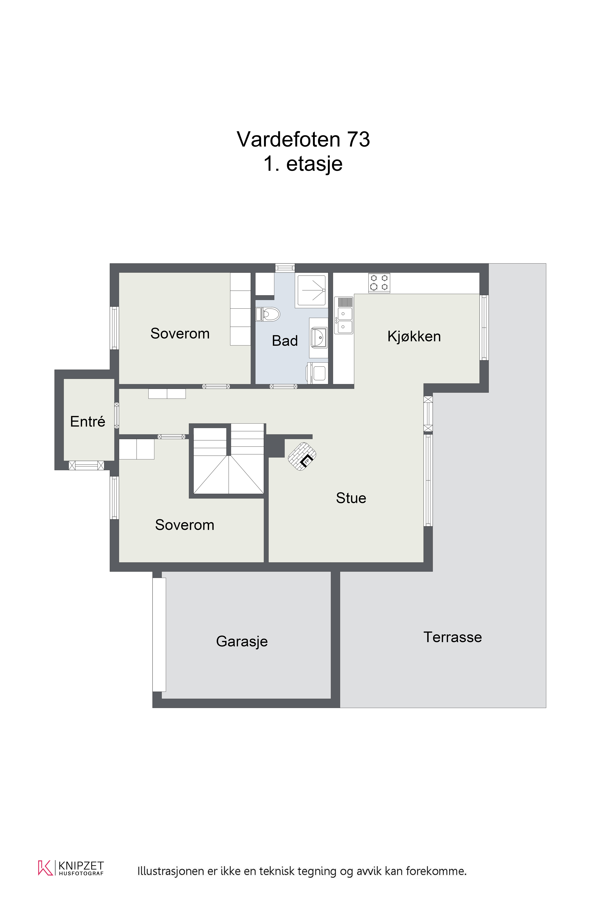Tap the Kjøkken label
coord(414,336)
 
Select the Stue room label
coord(351,498)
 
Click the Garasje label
coord(242,641)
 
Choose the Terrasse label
coord(453,637)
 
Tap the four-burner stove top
coord(379,283)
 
